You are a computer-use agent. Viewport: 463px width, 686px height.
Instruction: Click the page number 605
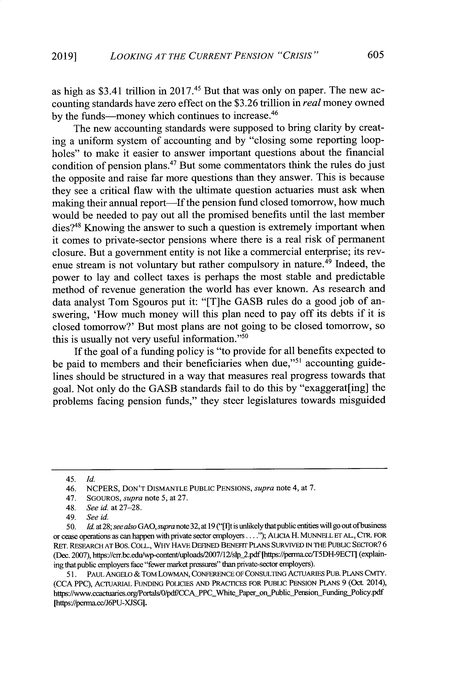375,55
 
